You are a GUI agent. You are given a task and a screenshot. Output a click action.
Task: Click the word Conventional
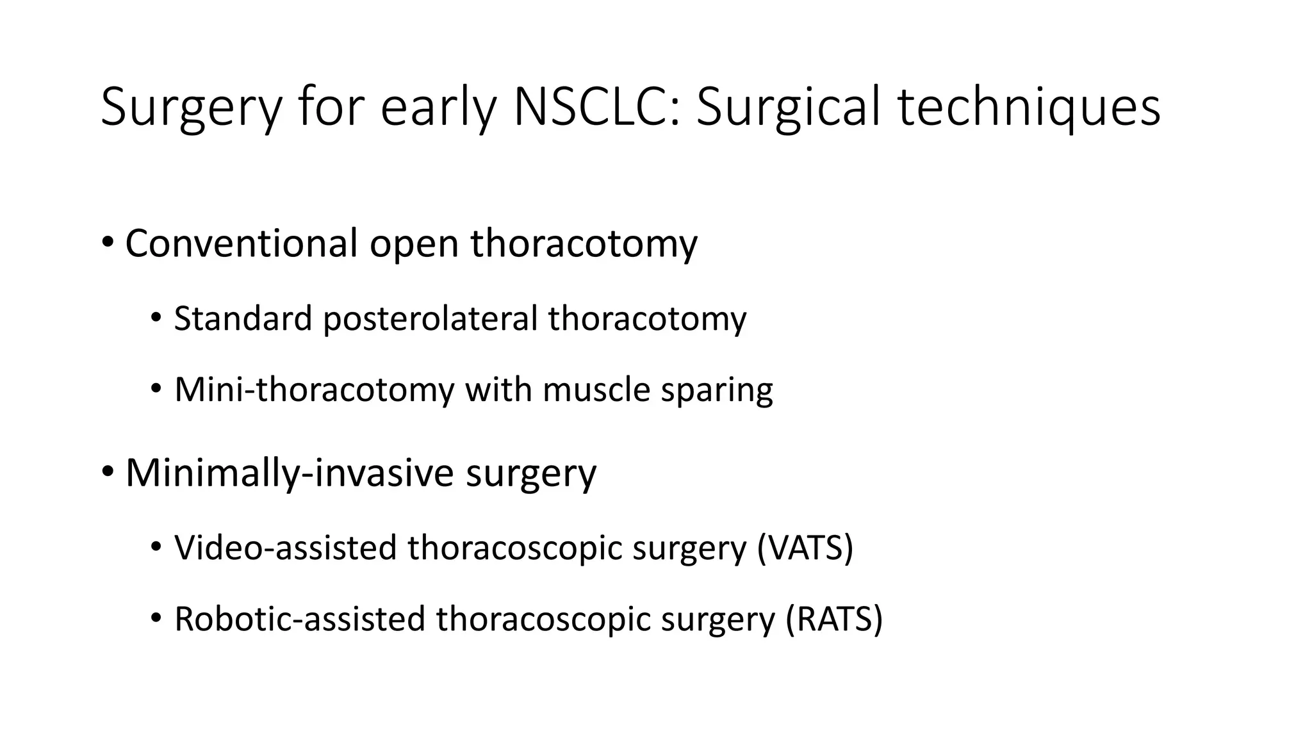pos(242,243)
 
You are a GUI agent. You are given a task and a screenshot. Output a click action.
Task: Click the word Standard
pos(243,318)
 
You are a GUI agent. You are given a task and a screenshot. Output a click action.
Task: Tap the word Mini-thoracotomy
pos(314,389)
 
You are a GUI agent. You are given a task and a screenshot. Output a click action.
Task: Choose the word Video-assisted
pos(286,548)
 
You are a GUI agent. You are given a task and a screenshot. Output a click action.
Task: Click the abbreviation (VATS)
pos(805,548)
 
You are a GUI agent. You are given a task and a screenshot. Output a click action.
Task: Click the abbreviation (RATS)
pos(834,619)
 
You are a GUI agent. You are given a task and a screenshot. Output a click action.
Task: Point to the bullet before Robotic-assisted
pos(156,619)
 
